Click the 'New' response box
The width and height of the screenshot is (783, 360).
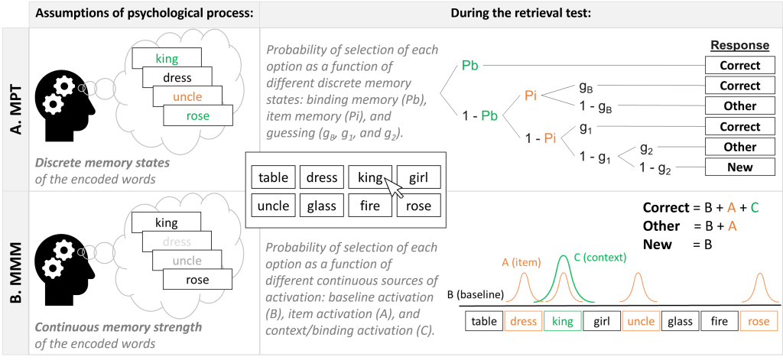coord(739,167)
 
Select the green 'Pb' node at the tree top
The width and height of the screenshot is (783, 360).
coord(470,66)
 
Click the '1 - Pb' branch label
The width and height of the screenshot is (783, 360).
coord(479,116)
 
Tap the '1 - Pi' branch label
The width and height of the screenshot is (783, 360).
coord(541,139)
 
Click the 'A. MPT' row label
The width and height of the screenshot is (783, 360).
coord(15,110)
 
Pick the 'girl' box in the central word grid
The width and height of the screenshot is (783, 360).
coord(418,178)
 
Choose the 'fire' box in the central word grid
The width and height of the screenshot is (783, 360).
coord(370,206)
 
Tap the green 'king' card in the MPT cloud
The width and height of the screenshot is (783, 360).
coord(167,58)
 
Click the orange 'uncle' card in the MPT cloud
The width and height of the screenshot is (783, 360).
coord(187,97)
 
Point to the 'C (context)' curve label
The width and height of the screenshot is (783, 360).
coord(601,258)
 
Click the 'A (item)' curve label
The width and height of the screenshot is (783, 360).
coord(517,263)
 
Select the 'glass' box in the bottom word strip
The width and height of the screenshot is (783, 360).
coord(681,322)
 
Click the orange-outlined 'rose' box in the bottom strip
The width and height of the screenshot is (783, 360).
coord(759,322)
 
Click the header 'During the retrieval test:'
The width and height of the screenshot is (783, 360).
coord(520,13)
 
